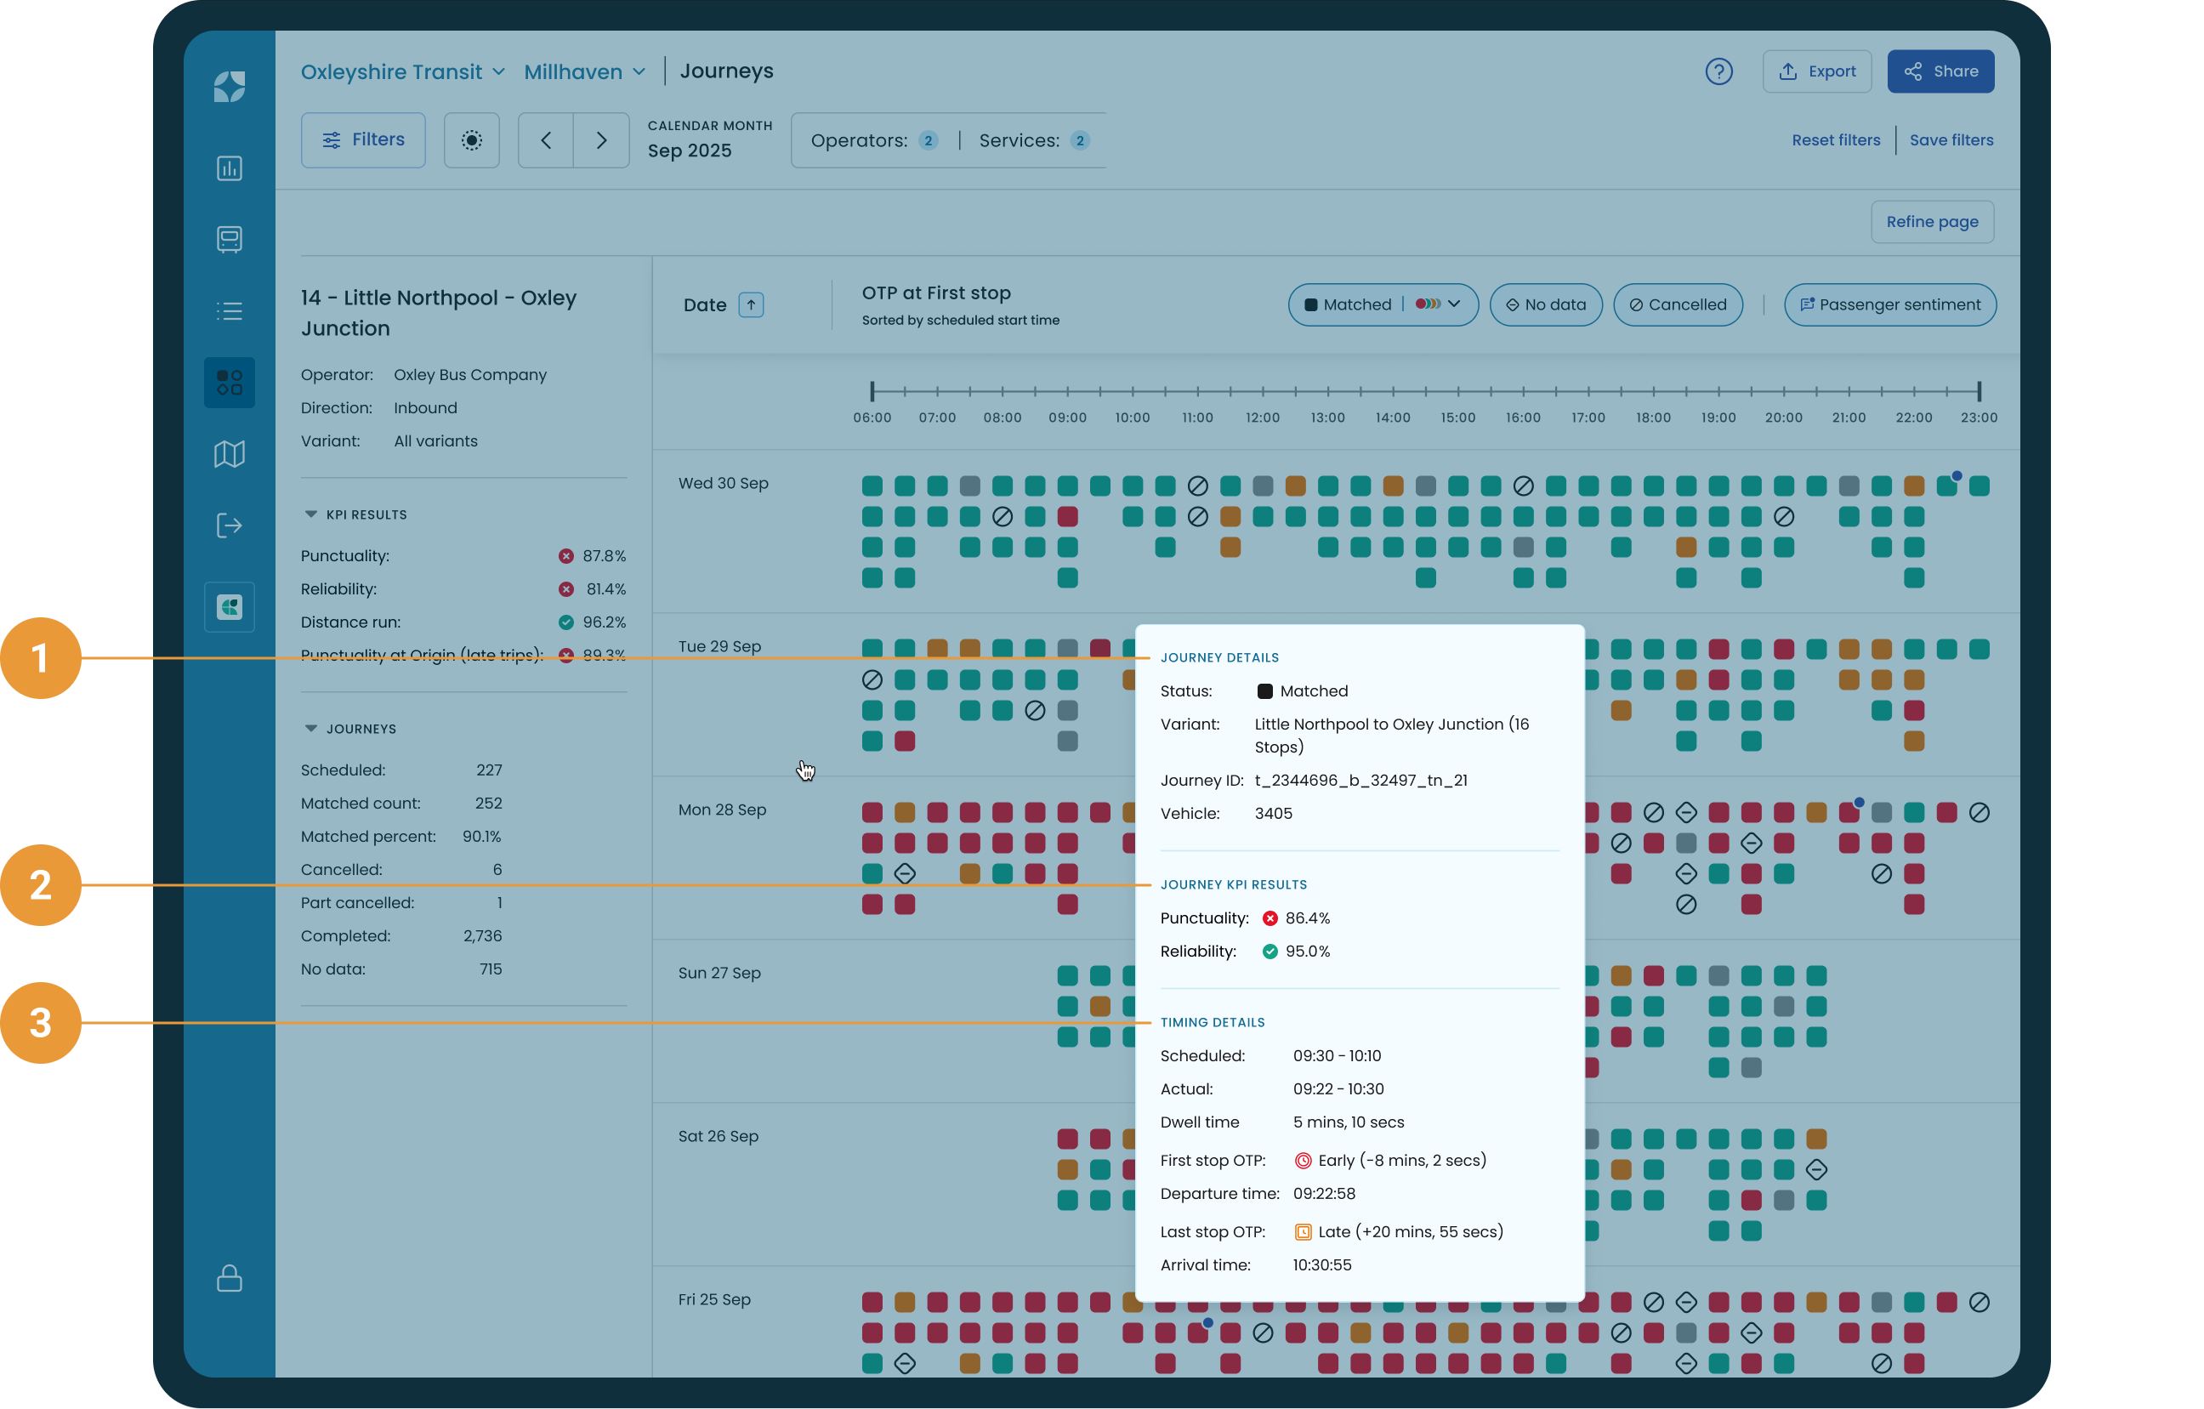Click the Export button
pos(1817,71)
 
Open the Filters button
pos(363,140)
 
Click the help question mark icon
pos(1719,71)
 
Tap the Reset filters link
pos(1836,140)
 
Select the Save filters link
pos(1951,140)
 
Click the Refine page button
pos(1932,222)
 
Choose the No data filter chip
pos(1546,305)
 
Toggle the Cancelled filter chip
pos(1678,305)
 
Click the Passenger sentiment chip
pos(1890,305)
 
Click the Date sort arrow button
pos(751,305)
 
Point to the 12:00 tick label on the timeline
pos(1262,418)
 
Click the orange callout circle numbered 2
pos(40,885)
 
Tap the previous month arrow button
pos(547,140)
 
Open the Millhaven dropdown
pos(585,71)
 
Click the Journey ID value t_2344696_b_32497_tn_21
pos(1361,780)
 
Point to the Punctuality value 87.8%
pos(604,556)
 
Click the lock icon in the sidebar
pos(230,1278)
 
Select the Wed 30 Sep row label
pos(723,483)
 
